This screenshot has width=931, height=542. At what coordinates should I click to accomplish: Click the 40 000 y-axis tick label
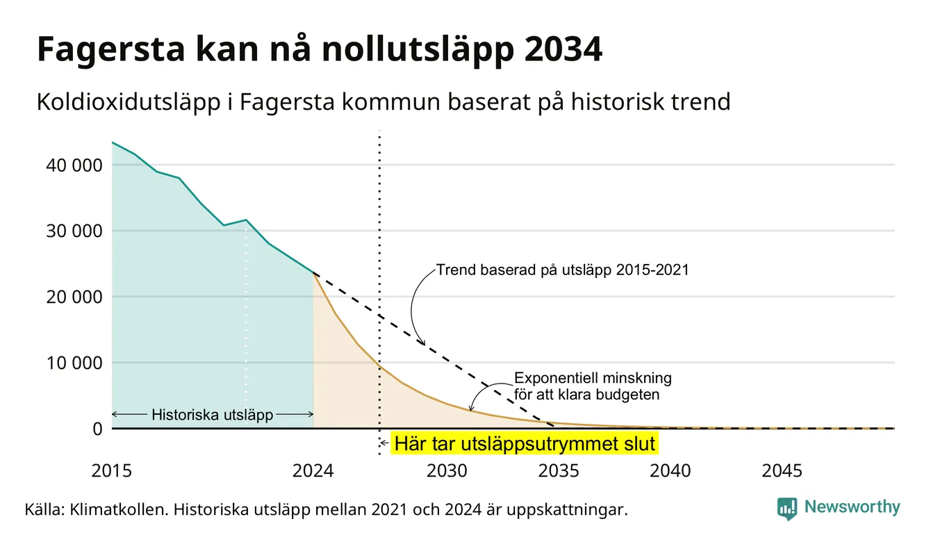tap(74, 165)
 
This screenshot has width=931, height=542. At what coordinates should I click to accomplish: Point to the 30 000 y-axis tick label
tap(74, 231)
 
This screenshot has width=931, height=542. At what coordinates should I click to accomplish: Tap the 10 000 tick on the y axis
tap(74, 363)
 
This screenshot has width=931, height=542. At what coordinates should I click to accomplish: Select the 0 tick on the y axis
tap(97, 429)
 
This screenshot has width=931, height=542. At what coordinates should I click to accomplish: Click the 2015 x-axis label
tap(111, 471)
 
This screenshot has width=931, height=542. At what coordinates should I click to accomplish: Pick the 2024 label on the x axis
tap(313, 471)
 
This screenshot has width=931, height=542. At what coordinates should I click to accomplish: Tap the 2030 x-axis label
tap(447, 471)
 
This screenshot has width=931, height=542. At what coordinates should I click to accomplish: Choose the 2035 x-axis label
tap(559, 471)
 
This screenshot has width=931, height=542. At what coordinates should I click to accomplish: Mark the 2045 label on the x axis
tap(782, 471)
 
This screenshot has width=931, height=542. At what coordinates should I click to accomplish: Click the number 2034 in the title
tap(563, 49)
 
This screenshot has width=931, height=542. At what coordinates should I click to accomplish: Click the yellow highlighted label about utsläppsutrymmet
tap(525, 443)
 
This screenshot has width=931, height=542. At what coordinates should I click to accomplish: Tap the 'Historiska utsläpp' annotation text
tap(212, 415)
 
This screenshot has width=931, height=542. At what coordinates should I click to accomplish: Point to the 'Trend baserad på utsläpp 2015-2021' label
tap(562, 270)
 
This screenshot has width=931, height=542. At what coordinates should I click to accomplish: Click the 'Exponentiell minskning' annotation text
tap(593, 378)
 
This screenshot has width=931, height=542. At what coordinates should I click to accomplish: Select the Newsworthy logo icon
tap(786, 509)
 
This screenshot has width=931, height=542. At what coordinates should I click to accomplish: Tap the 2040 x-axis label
tap(670, 471)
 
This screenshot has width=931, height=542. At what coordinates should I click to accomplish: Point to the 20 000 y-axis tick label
tap(74, 297)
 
